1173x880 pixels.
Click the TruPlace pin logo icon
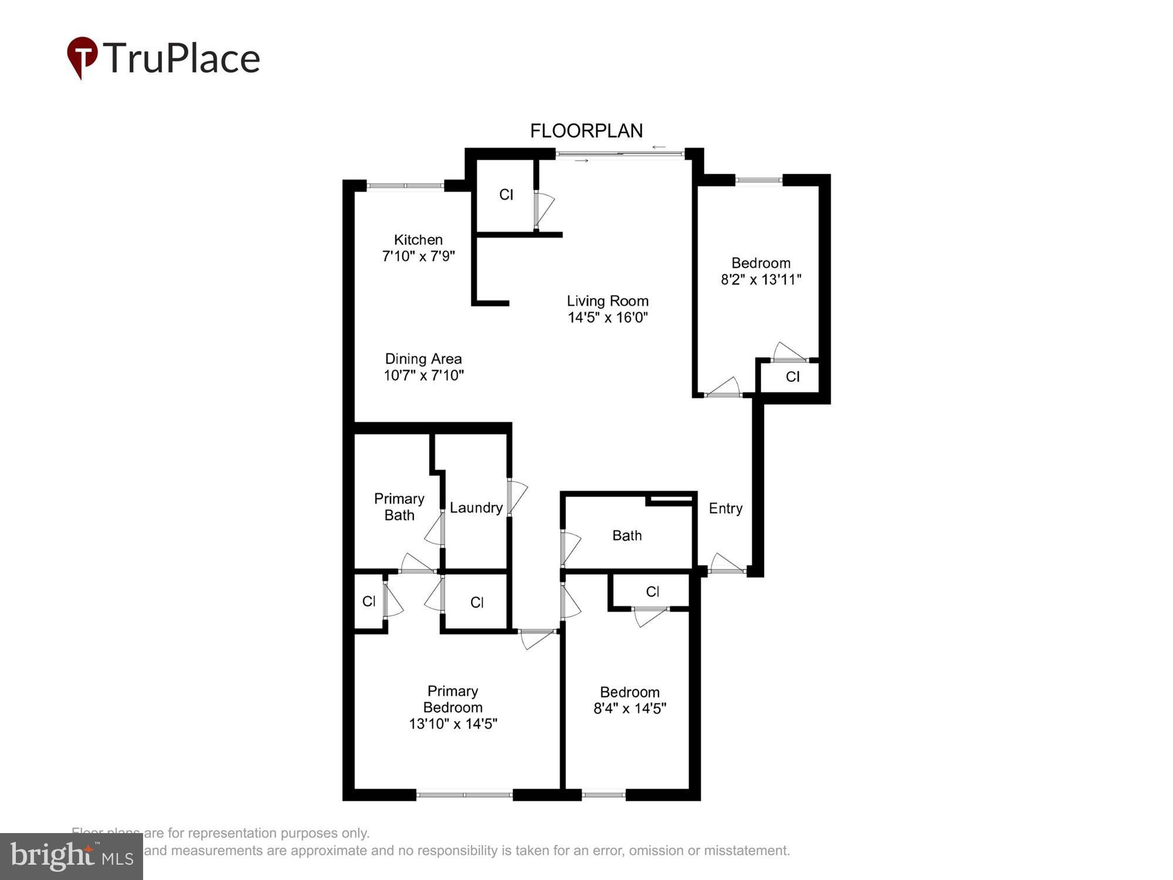[82, 57]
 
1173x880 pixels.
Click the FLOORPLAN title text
[586, 131]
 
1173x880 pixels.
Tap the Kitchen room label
[418, 239]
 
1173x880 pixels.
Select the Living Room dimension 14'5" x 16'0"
[608, 317]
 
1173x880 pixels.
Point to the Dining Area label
[423, 358]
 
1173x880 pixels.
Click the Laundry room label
[476, 507]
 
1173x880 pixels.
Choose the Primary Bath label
[399, 507]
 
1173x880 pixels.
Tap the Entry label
[726, 508]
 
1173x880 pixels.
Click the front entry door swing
[727, 563]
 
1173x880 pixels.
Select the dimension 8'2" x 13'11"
[761, 279]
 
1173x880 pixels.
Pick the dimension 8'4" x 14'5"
[630, 708]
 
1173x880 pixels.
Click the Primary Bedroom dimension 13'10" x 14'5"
[453, 723]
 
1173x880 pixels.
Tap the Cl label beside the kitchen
[506, 194]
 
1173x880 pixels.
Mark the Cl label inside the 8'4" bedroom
[652, 591]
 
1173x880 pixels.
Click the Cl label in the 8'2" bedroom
[792, 377]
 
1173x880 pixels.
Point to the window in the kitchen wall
[405, 186]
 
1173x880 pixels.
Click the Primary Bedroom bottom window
[465, 795]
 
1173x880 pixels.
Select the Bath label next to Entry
[627, 535]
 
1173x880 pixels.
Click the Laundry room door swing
[517, 497]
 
